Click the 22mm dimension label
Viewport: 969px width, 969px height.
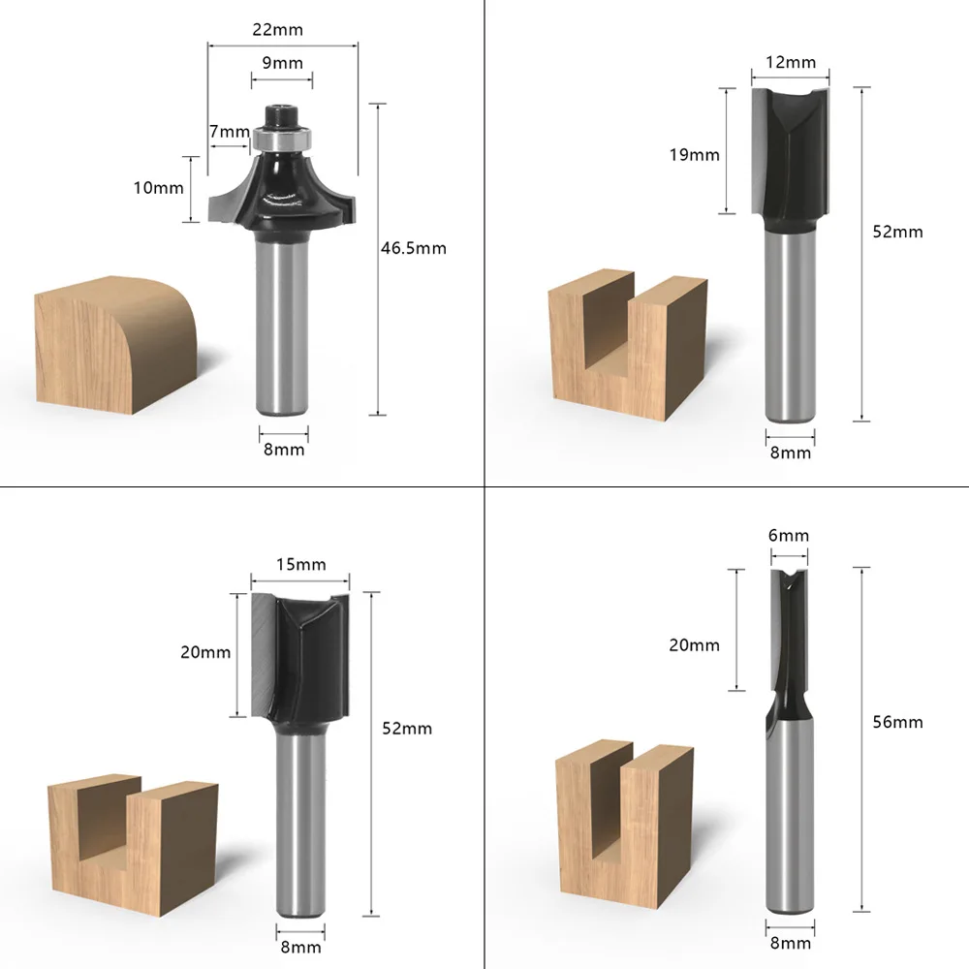(x=277, y=30)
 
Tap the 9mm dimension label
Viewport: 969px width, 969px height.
(x=282, y=62)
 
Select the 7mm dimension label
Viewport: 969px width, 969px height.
(x=230, y=132)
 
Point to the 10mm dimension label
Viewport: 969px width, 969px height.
(x=159, y=188)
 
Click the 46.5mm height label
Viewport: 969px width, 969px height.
(x=414, y=248)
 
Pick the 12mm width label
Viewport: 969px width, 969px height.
(x=791, y=62)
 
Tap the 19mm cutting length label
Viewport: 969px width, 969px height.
(x=695, y=154)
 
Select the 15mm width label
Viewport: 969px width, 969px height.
(x=301, y=564)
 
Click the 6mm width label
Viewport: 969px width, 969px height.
(x=789, y=535)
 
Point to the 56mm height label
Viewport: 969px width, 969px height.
(x=898, y=722)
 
